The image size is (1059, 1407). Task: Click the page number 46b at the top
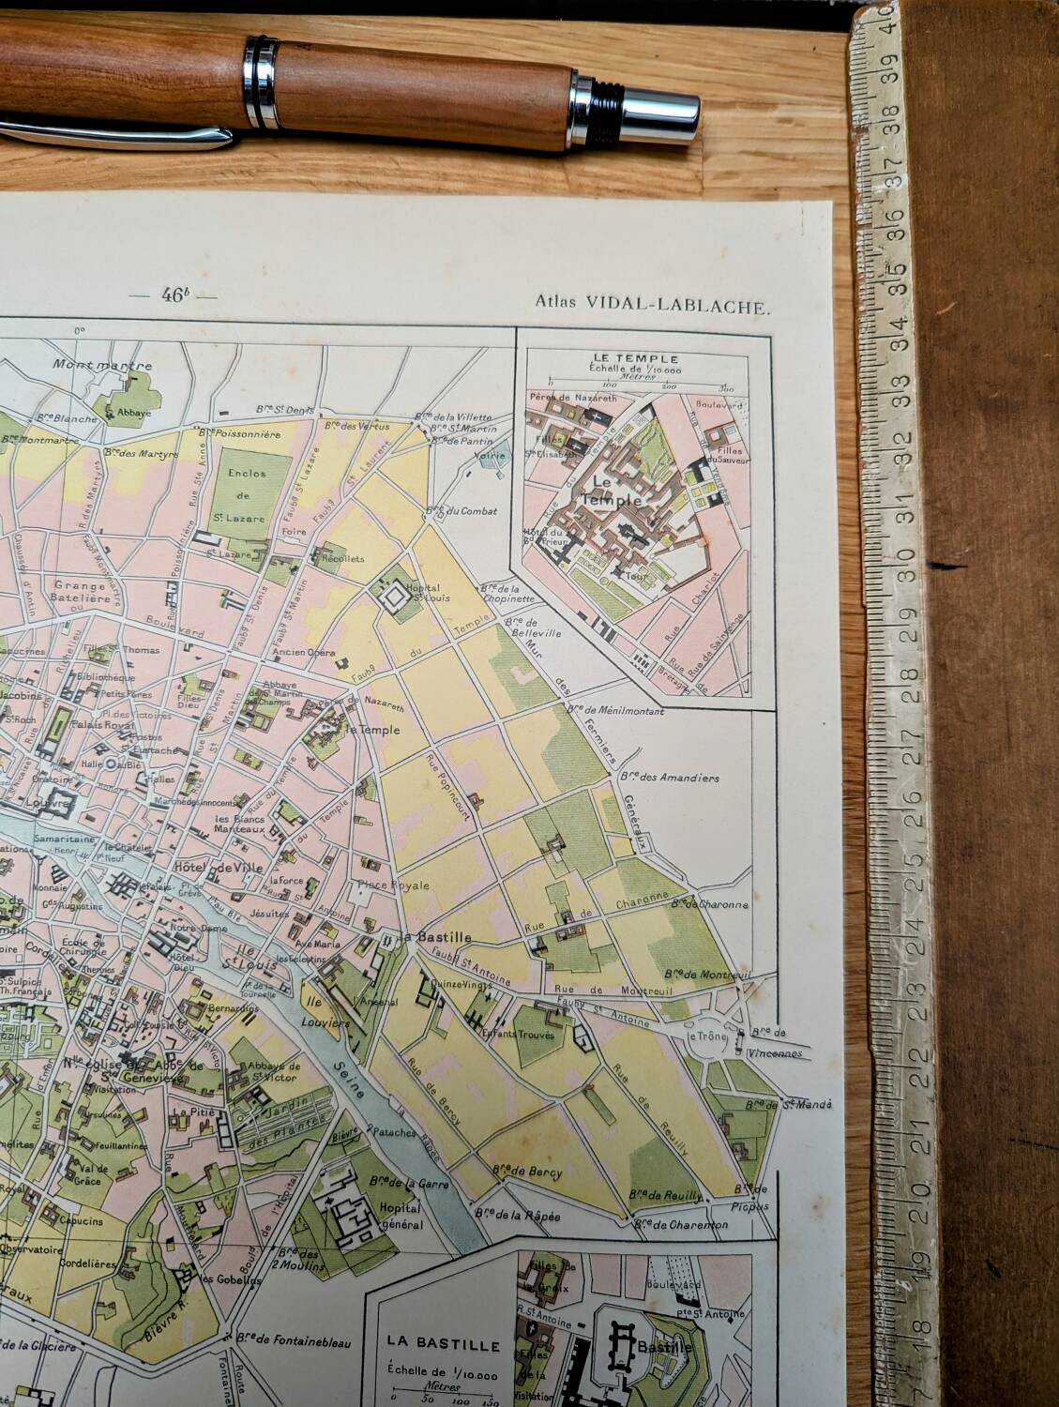click(x=174, y=295)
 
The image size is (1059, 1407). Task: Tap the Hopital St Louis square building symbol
click(x=392, y=593)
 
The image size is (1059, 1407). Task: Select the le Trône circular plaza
click(x=714, y=1037)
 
